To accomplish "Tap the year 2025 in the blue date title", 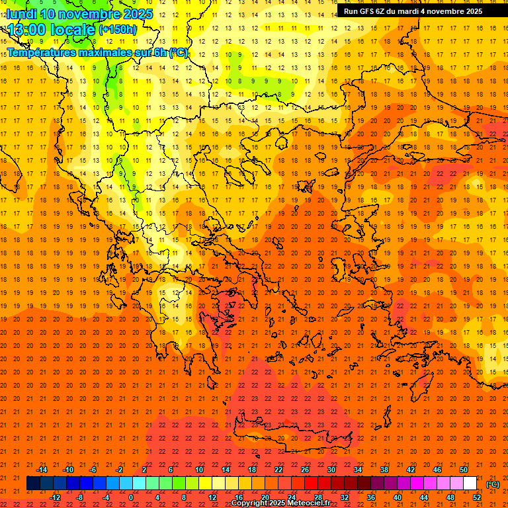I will tap(137, 14).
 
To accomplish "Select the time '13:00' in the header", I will tap(26, 29).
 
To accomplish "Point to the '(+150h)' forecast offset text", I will tap(118, 30).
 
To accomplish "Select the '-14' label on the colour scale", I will tap(42, 470).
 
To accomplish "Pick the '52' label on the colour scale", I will tap(477, 497).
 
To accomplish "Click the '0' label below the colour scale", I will tap(131, 497).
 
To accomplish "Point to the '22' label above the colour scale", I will tap(278, 470).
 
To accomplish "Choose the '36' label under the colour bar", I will tap(370, 497).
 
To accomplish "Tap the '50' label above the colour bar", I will tap(464, 470).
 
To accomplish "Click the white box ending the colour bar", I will tap(470, 484).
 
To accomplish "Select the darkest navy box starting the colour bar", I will tap(33, 484).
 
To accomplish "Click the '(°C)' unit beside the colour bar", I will tap(493, 484).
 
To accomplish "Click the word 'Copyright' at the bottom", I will tap(249, 503).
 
